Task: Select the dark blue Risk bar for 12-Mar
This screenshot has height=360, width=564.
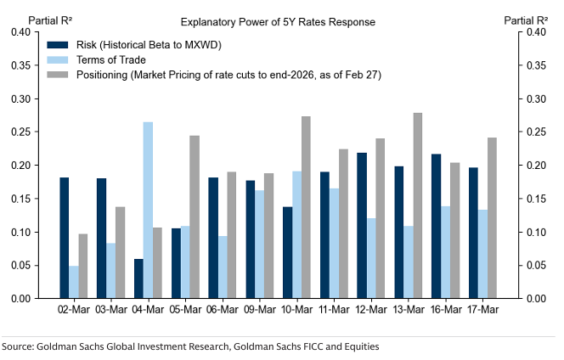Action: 362,226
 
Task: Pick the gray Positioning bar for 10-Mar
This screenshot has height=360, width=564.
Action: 306,207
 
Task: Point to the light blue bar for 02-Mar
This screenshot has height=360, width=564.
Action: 74,282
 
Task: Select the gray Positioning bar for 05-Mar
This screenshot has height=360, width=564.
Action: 195,217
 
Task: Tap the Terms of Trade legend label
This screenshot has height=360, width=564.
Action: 112,59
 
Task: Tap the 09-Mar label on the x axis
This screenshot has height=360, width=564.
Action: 260,312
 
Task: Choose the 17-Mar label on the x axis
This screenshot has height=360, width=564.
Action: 483,312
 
